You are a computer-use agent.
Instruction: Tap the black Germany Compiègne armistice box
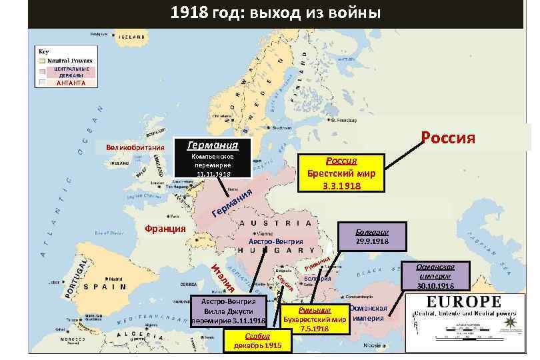tap(213, 159)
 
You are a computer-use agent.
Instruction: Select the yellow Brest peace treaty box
tap(341, 173)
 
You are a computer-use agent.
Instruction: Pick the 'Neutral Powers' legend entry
tap(71, 60)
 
